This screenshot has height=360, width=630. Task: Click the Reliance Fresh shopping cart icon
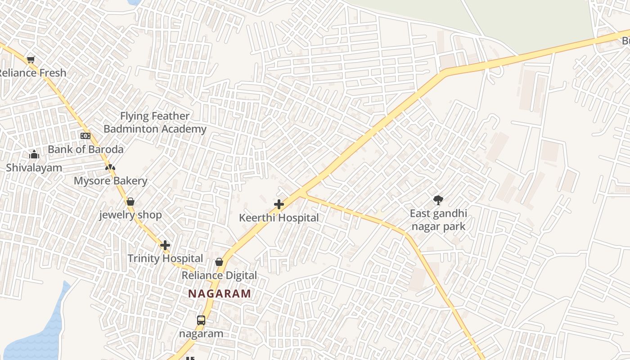click(x=31, y=59)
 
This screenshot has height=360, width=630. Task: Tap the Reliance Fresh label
click(x=32, y=73)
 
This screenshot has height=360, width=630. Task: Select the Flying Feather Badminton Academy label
click(x=155, y=122)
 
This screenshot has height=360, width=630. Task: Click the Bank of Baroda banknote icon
click(x=85, y=136)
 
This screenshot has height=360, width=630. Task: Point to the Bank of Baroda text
click(x=85, y=149)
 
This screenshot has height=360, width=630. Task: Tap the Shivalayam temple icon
click(x=34, y=155)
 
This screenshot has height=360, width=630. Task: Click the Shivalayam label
click(x=34, y=168)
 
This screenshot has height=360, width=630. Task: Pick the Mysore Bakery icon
click(x=110, y=168)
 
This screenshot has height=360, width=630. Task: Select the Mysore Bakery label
click(x=111, y=181)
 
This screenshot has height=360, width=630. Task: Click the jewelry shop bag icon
click(x=130, y=202)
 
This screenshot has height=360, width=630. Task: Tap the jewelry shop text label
click(x=130, y=215)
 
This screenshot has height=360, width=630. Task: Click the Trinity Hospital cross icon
click(x=165, y=245)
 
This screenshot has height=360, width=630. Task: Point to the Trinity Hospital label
click(x=165, y=259)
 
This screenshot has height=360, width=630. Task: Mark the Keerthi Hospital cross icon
click(x=279, y=205)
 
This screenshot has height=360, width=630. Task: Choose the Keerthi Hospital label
click(x=279, y=218)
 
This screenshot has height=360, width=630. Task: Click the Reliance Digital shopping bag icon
click(x=219, y=262)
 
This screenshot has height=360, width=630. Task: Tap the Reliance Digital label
click(x=219, y=275)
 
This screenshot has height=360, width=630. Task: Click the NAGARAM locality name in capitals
click(x=220, y=294)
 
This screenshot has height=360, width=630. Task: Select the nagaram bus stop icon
click(x=201, y=320)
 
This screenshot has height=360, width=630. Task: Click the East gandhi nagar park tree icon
click(x=438, y=200)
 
